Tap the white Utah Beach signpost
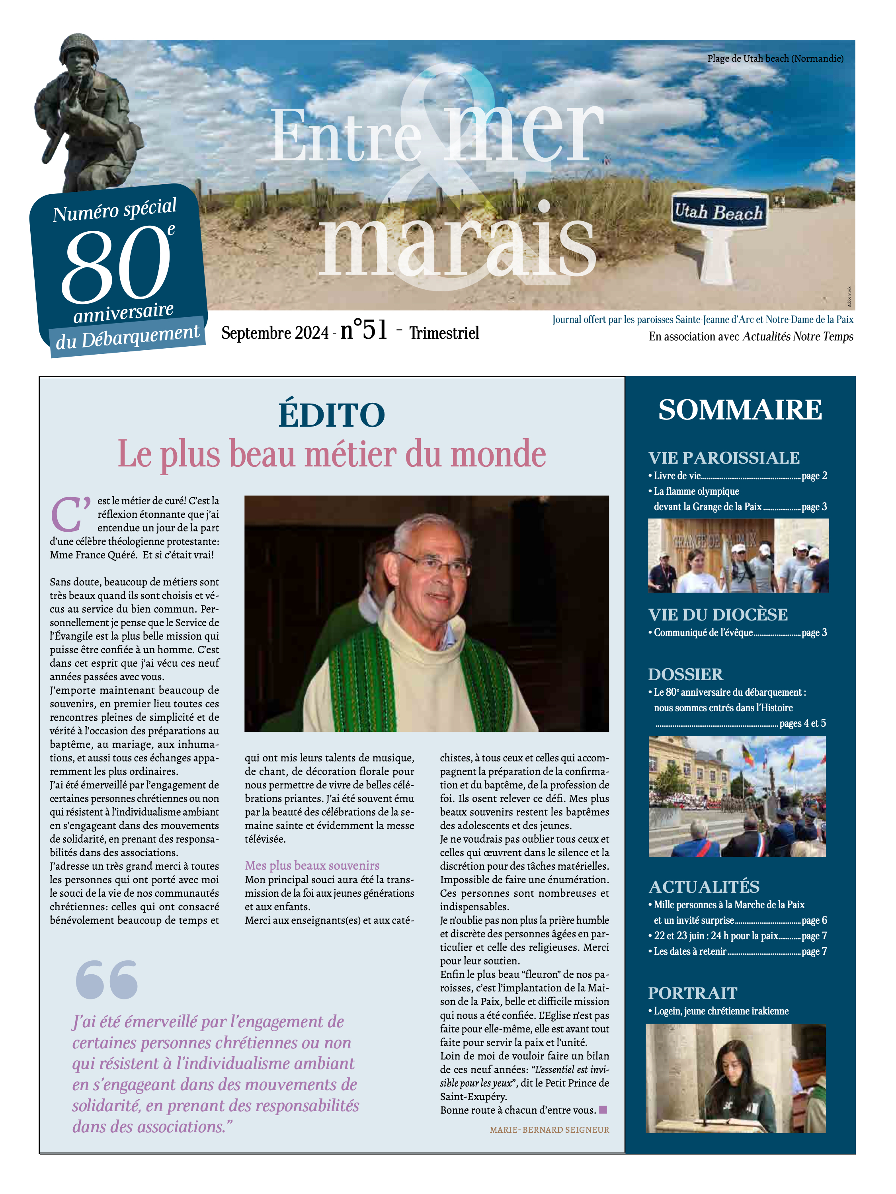(x=718, y=227)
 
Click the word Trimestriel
(x=444, y=333)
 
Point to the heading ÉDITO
(x=332, y=415)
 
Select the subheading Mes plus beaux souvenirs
(x=312, y=865)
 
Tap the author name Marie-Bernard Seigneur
(x=549, y=1130)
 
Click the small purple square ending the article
(x=603, y=1110)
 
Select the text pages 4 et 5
(x=802, y=723)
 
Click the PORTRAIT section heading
(x=693, y=993)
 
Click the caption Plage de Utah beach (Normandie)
(x=775, y=58)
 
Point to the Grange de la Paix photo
(x=738, y=556)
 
